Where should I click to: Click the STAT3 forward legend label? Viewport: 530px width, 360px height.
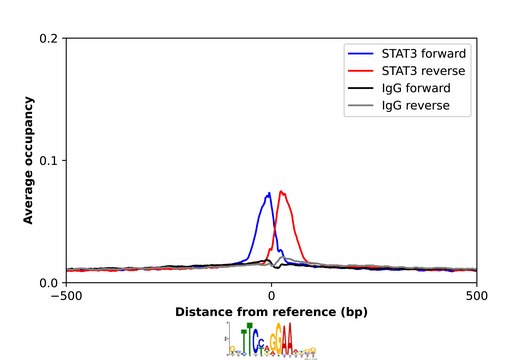tap(424, 53)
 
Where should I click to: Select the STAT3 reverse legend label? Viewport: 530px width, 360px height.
tap(423, 71)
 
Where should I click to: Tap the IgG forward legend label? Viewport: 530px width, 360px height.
tap(417, 89)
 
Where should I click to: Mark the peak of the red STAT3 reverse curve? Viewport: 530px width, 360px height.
tap(283, 191)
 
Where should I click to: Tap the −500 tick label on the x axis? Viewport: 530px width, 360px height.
tap(66, 296)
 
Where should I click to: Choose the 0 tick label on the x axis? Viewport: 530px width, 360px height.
tap(271, 296)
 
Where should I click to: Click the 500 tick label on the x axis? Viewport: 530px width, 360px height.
tap(477, 296)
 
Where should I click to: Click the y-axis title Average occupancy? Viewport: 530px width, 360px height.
tap(29, 160)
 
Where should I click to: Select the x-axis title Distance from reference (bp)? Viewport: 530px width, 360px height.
tap(271, 312)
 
